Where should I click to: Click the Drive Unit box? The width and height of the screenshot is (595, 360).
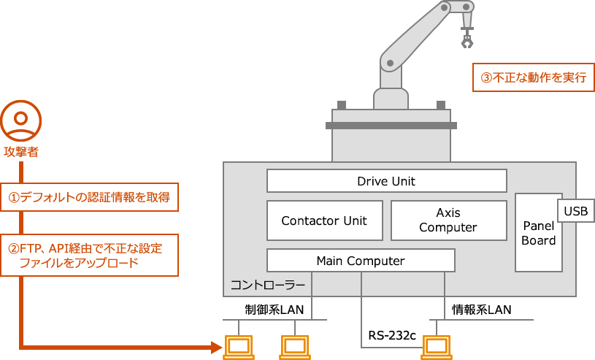pyautogui.click(x=386, y=181)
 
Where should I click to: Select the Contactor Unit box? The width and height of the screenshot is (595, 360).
pyautogui.click(x=324, y=221)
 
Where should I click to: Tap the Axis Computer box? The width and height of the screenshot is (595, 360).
pyautogui.click(x=448, y=221)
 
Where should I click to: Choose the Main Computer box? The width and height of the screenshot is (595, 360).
pyautogui.click(x=361, y=261)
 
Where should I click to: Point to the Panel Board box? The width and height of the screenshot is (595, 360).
pyautogui.click(x=539, y=233)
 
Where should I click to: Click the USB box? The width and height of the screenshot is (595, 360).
pyautogui.click(x=576, y=211)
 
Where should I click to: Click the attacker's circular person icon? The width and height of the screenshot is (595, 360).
pyautogui.click(x=20, y=120)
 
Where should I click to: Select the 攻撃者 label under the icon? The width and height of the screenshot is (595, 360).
pyautogui.click(x=21, y=152)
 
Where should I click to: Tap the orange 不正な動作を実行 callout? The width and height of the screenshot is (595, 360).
pyautogui.click(x=532, y=77)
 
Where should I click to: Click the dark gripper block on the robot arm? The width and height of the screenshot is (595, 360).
pyautogui.click(x=467, y=42)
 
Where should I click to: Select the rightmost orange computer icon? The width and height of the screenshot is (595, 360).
pyautogui.click(x=437, y=345)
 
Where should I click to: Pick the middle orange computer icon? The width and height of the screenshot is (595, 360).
pyautogui.click(x=293, y=345)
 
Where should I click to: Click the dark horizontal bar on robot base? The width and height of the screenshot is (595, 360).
pyautogui.click(x=391, y=126)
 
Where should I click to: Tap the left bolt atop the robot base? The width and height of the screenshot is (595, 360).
pyautogui.click(x=342, y=104)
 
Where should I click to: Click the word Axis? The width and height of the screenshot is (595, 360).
pyautogui.click(x=448, y=213)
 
